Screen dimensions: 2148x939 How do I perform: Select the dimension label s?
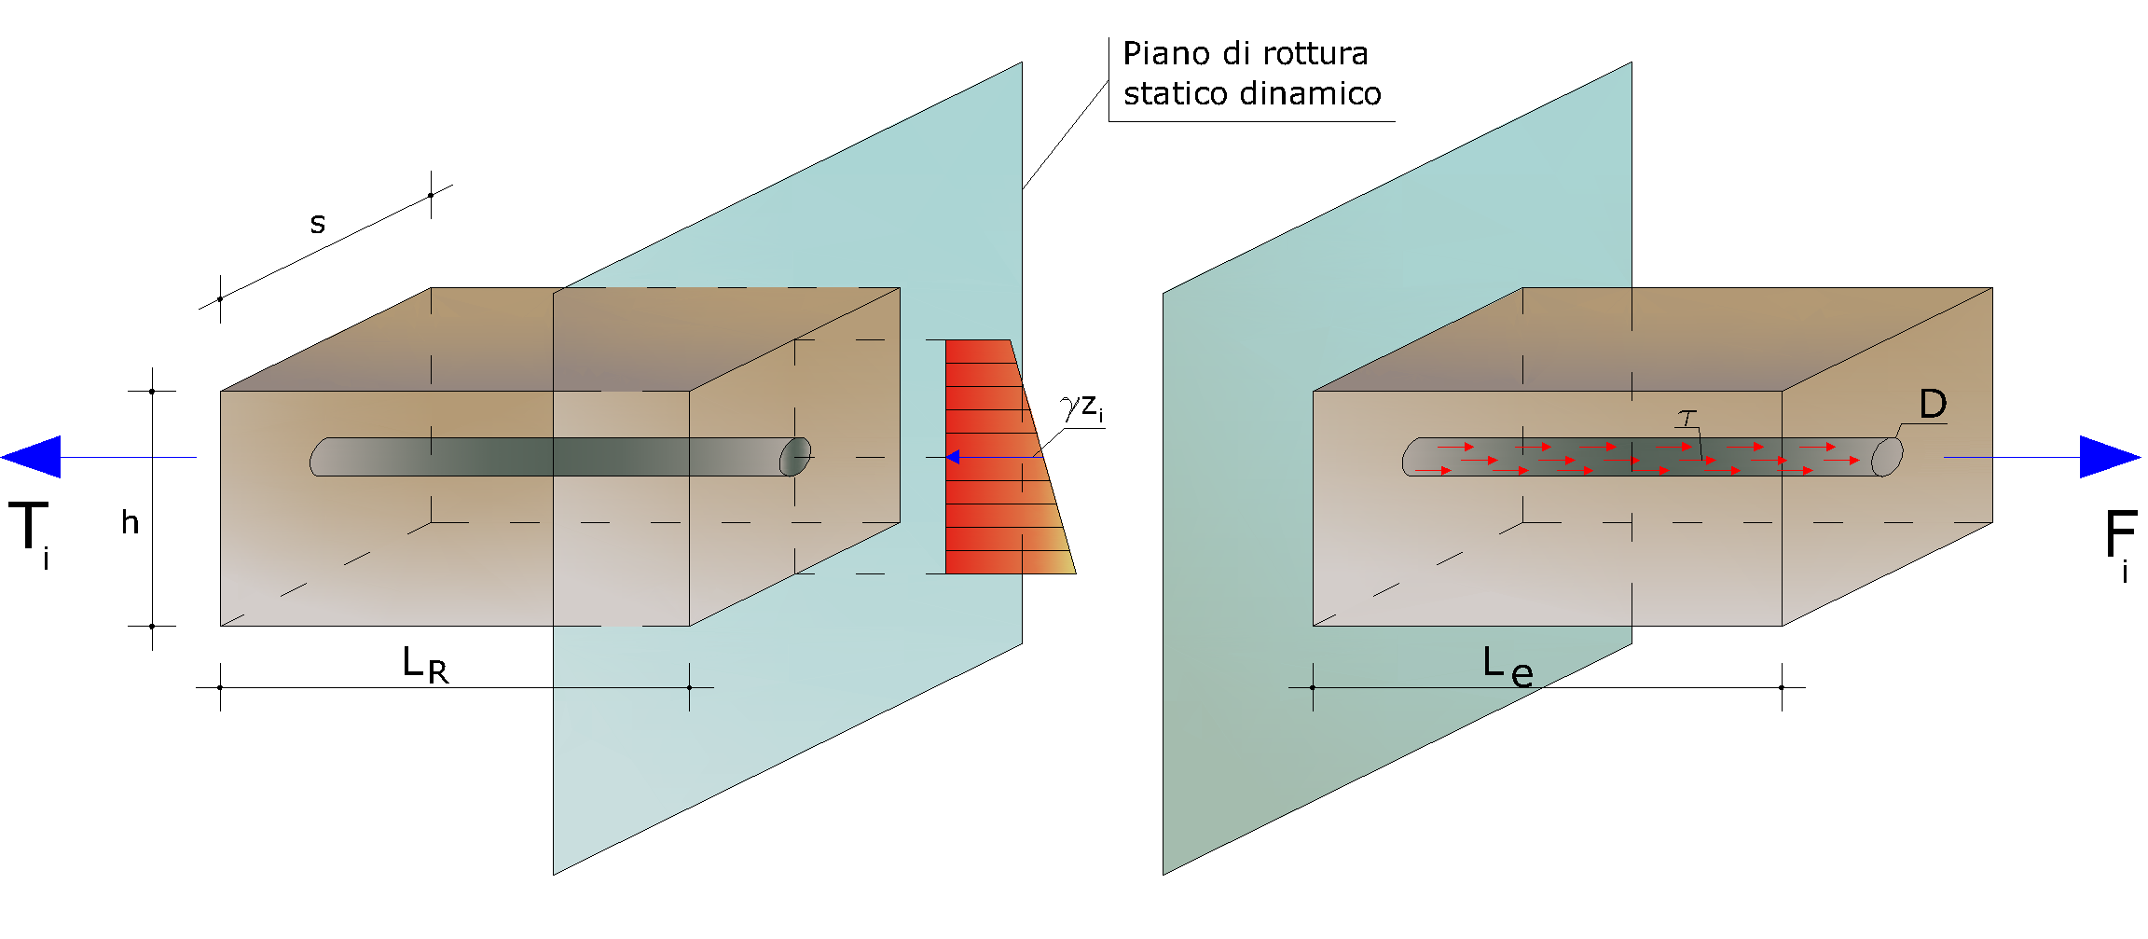click(x=318, y=224)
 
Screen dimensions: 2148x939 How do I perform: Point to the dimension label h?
click(x=130, y=522)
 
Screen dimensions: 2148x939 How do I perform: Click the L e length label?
click(x=1508, y=667)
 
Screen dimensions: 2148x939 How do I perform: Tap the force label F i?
click(x=2120, y=545)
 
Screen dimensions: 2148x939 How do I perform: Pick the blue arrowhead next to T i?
click(x=32, y=457)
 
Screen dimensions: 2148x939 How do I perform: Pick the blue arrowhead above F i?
click(x=2110, y=457)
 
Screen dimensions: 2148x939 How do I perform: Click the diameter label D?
click(x=1933, y=404)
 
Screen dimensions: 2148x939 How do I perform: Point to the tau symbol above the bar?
click(x=1687, y=418)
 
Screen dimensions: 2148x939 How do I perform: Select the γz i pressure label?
click(x=1082, y=407)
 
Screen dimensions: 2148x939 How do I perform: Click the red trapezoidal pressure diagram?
click(x=998, y=457)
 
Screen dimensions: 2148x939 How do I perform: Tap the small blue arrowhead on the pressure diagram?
click(x=953, y=457)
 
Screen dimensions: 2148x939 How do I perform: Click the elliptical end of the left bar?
click(x=795, y=457)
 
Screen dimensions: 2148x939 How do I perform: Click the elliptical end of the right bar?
click(x=1887, y=457)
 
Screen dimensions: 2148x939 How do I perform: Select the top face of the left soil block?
click(x=559, y=339)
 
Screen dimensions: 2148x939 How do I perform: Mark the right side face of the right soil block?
click(x=1888, y=457)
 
